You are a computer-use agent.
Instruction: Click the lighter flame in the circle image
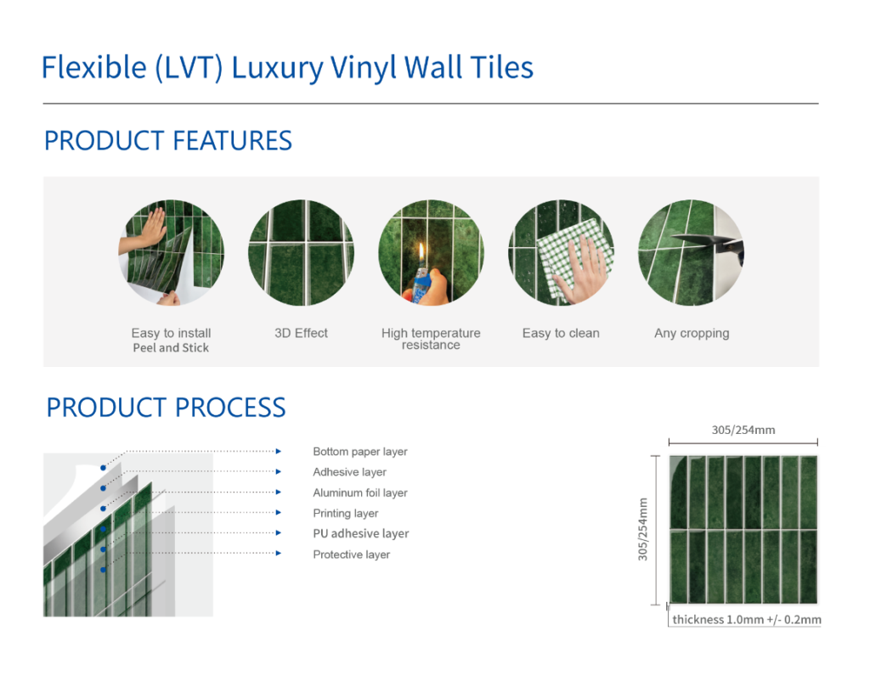pos(421,254)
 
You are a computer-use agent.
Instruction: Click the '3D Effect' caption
pos(302,334)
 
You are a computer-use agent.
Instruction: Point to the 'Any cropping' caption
pos(692,334)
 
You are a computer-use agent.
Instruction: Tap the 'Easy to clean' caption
pos(561,334)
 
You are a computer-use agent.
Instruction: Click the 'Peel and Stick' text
pos(171,347)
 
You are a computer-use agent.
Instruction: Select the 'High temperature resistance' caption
pos(431,339)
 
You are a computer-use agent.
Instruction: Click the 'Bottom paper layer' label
pos(360,452)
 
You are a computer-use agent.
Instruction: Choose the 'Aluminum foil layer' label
pos(360,492)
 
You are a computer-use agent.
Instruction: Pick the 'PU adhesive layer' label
pos(360,533)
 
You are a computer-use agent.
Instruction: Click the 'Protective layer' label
pos(351,554)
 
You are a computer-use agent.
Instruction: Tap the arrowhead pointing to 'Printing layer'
pos(279,512)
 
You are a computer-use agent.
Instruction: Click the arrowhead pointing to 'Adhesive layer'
pos(279,471)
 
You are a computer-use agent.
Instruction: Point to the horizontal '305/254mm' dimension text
pos(743,431)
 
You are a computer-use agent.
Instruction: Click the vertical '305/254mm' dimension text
pos(643,529)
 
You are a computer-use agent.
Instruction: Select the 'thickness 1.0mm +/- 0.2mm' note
pos(747,620)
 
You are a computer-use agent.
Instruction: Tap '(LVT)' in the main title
pos(189,68)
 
